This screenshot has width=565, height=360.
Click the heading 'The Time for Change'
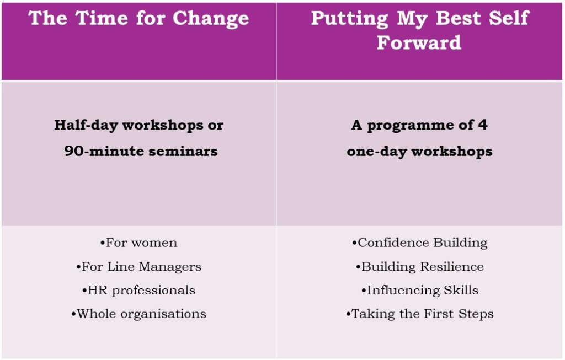coord(138,19)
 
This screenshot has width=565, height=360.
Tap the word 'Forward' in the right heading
coord(419,42)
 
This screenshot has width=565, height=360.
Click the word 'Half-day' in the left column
coord(86,125)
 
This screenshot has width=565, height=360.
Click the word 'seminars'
coord(183,151)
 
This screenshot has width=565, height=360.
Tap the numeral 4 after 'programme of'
coord(483,125)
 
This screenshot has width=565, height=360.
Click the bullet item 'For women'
coord(138,243)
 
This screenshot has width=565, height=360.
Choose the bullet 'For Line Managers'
coord(138,267)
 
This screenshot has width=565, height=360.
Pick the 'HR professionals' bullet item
coord(138,291)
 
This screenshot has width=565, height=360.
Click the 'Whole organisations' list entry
coord(138,314)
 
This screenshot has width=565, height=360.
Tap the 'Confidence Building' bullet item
coord(420,243)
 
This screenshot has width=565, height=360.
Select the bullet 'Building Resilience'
coord(420,267)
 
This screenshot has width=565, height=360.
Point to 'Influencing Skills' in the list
coord(420,291)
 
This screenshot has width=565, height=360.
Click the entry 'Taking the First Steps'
coord(420,314)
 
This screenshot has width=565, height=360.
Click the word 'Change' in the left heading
coord(211,19)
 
